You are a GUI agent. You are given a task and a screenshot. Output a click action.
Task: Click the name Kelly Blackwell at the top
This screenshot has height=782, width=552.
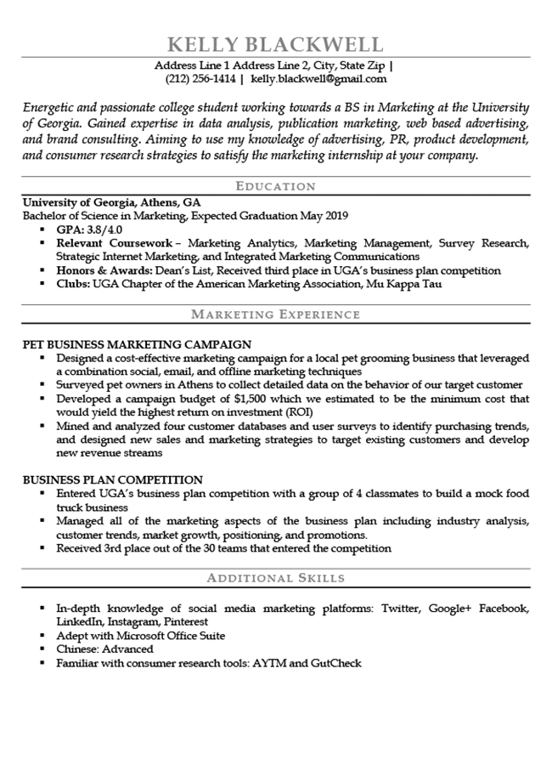coord(275,44)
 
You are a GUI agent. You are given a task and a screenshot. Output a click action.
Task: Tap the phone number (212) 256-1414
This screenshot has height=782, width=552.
coord(200,79)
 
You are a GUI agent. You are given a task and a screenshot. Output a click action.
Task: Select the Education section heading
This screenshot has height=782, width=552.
coord(275,186)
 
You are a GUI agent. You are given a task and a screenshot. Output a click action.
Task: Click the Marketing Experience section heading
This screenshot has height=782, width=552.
coord(275,314)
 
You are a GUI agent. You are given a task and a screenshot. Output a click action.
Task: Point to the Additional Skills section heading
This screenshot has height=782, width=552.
coord(275,578)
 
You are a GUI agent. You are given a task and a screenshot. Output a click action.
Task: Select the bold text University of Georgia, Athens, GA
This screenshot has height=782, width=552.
coord(111,203)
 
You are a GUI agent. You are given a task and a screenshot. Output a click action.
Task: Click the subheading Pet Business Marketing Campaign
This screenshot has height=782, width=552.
coord(137,344)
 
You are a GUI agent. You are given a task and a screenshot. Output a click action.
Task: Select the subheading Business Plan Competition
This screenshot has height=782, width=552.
coord(113,479)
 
